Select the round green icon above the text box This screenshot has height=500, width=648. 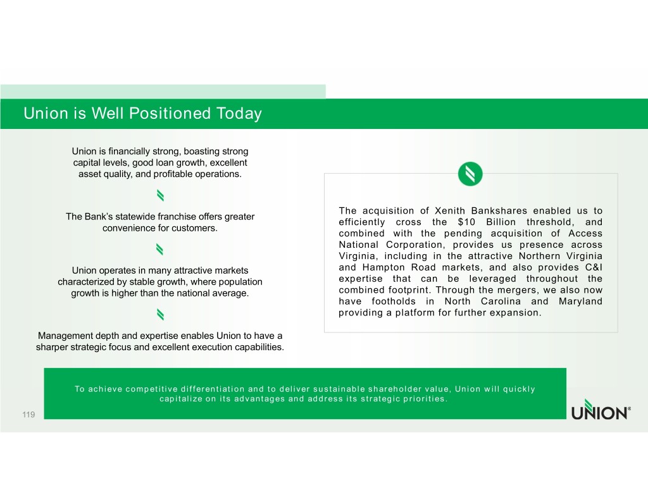(x=470, y=174)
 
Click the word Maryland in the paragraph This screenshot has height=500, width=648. (x=580, y=302)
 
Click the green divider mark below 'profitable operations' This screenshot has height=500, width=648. (x=160, y=193)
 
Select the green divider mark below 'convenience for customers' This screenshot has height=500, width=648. (x=160, y=248)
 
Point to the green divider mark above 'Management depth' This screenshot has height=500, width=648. (x=160, y=314)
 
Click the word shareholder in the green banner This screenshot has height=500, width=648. (x=387, y=389)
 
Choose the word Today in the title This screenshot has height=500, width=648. (x=238, y=114)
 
